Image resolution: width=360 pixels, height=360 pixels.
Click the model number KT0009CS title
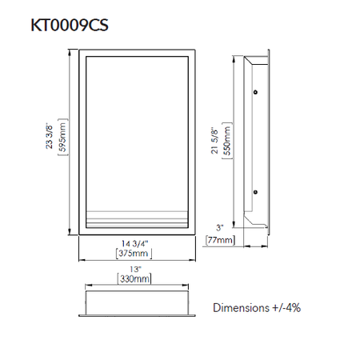[68, 25]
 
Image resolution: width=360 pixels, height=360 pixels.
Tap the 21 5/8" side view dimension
[215, 142]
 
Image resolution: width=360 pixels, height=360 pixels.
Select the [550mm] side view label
[226, 142]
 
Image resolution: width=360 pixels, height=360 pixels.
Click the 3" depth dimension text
[220, 228]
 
